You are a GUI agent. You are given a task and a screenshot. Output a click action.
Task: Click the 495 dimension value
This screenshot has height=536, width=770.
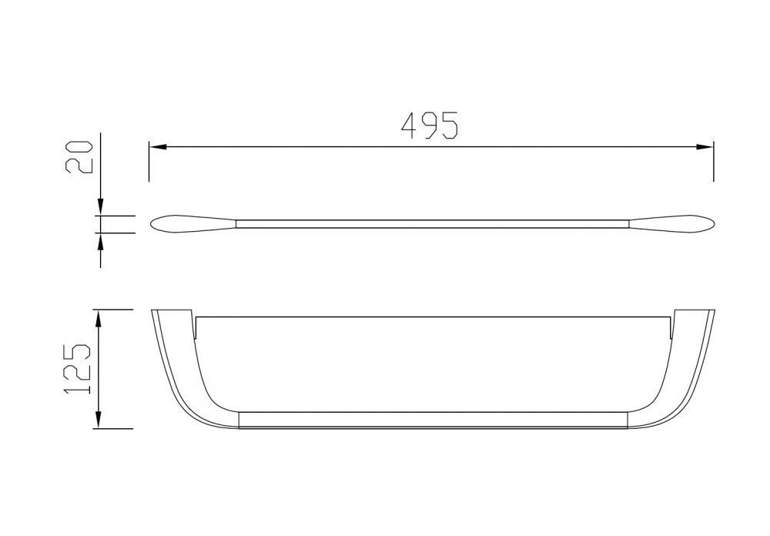tap(430, 126)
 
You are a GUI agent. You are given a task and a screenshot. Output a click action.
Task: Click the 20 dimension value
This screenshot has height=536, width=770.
tap(79, 157)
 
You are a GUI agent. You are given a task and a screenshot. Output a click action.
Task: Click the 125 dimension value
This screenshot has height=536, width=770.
tap(77, 369)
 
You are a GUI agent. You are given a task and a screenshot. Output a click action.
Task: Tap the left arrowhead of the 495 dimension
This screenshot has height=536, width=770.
tap(158, 146)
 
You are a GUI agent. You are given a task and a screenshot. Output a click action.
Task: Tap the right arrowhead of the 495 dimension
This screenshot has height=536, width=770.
tap(705, 146)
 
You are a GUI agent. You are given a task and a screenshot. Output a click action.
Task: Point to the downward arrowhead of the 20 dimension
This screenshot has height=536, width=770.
tap(101, 207)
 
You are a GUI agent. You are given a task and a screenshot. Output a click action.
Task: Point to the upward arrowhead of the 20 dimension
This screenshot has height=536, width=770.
tap(101, 242)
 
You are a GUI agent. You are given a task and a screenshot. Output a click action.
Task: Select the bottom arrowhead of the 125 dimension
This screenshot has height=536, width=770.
tap(99, 420)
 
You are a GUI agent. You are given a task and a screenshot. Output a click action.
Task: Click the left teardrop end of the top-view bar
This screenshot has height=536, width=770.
tap(192, 223)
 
